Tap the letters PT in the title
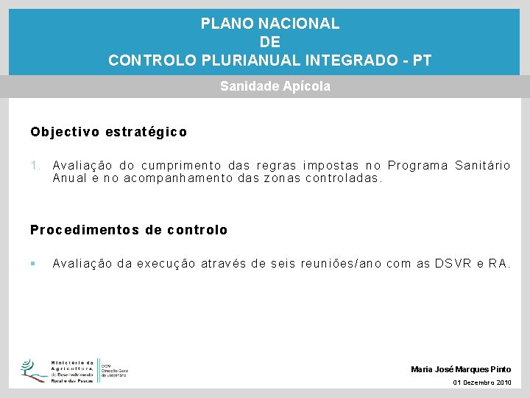tap(423, 60)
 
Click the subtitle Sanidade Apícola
tap(275, 86)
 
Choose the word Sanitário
tap(482, 165)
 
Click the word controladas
tap(344, 178)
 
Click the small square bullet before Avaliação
tap(33, 263)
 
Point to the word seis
tap(283, 263)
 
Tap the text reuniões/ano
tap(341, 263)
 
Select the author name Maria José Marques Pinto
tap(461, 369)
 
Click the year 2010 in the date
tap(504, 383)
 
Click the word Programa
tap(418, 165)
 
